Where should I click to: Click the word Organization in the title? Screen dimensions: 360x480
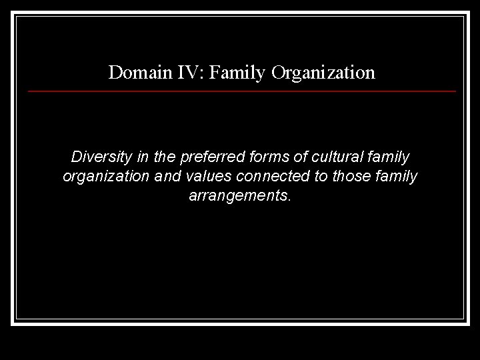323,72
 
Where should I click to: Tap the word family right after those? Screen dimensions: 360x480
397,177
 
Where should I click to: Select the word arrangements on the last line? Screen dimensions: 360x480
240,197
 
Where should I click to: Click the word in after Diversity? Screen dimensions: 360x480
139,158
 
